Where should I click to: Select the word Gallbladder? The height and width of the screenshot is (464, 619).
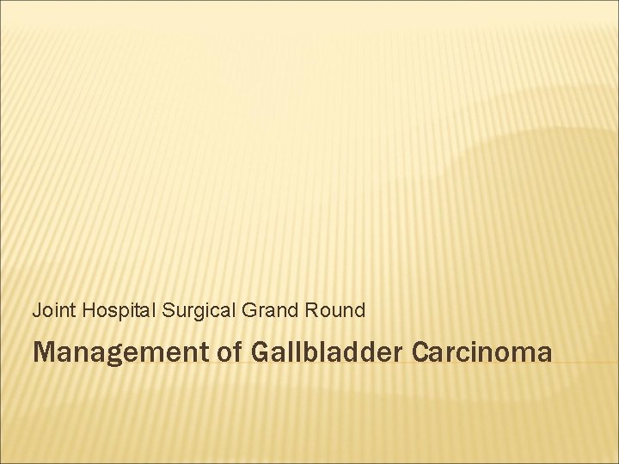(326, 351)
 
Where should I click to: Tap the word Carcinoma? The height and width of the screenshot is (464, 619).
(482, 351)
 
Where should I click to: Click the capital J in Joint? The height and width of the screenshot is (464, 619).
(37, 310)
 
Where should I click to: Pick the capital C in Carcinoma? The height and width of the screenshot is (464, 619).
(422, 351)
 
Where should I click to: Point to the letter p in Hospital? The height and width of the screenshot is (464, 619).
(120, 312)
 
